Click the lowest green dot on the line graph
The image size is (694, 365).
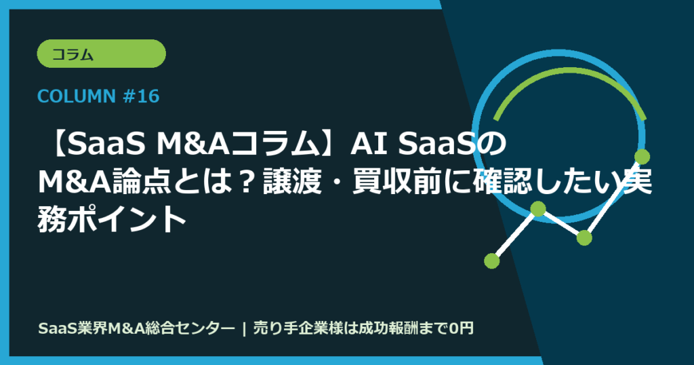(x=492, y=260)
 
